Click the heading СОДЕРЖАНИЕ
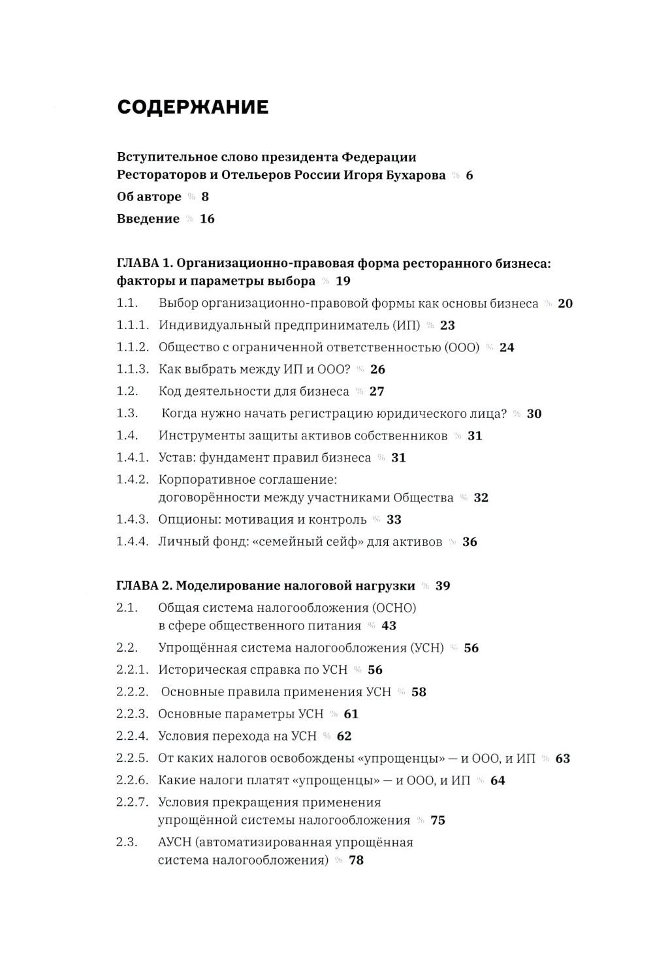click(193, 108)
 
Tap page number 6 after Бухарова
click(469, 176)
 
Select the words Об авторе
click(149, 197)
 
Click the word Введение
click(148, 219)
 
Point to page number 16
click(207, 219)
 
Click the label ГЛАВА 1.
click(144, 264)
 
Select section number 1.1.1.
click(133, 325)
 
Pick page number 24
click(507, 347)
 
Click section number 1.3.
click(127, 413)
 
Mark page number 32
click(481, 498)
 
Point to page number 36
click(470, 542)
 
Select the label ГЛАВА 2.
click(144, 586)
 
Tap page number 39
click(443, 586)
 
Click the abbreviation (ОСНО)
click(394, 608)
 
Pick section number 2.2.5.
click(133, 759)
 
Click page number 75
click(438, 821)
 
